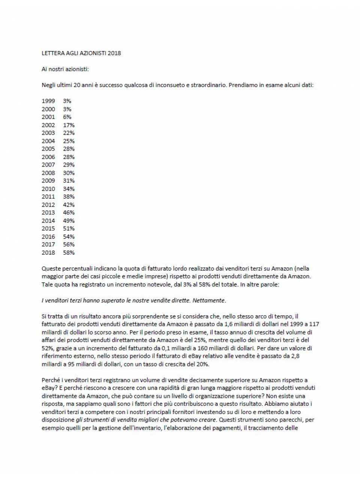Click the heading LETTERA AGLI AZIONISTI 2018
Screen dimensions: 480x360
(81, 53)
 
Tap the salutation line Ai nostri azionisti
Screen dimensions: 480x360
(65, 69)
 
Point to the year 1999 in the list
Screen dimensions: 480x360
(48, 101)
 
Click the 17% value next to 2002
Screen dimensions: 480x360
(69, 125)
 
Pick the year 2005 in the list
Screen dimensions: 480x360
(48, 149)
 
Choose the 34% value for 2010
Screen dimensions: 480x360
(69, 189)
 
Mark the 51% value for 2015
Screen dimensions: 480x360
(69, 228)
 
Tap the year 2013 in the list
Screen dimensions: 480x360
(48, 213)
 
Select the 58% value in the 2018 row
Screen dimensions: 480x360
(69, 252)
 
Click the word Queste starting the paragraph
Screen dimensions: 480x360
(51, 268)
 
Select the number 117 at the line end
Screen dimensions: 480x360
(314, 324)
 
